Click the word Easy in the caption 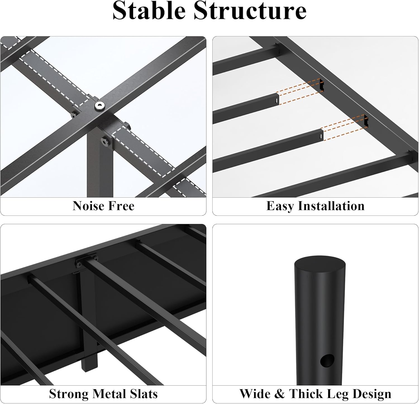[x=280, y=206]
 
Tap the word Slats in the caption [x=143, y=394]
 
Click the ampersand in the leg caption [x=280, y=394]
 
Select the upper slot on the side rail [x=322, y=85]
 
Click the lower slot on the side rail [x=366, y=121]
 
